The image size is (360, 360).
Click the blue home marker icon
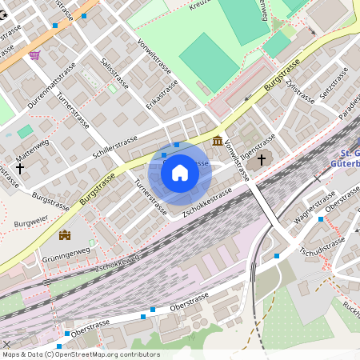(179, 172)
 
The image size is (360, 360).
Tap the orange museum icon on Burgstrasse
(218, 142)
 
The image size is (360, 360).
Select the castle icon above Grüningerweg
(65, 234)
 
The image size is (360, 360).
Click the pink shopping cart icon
(34, 55)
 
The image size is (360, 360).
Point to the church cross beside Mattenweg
(20, 169)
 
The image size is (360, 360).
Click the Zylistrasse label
(301, 94)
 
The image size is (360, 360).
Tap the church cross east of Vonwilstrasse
(259, 161)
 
